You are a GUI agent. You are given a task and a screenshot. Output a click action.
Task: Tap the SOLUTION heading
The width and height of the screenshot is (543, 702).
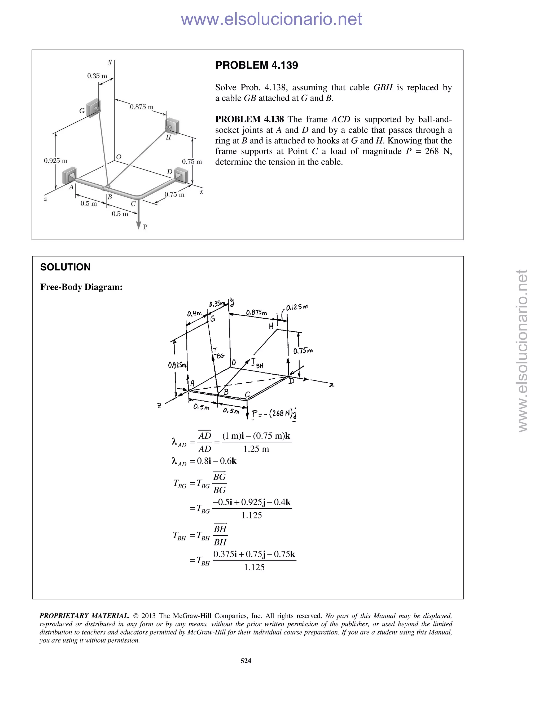click(x=65, y=267)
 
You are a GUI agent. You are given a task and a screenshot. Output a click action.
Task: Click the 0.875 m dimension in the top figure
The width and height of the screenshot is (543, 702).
click(x=142, y=107)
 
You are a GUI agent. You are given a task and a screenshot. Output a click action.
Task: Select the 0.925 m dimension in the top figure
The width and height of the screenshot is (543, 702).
click(x=56, y=161)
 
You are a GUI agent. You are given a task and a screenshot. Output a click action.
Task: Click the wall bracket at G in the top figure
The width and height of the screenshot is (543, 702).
click(x=94, y=108)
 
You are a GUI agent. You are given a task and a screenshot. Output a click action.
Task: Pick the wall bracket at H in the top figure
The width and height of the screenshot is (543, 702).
click(x=172, y=126)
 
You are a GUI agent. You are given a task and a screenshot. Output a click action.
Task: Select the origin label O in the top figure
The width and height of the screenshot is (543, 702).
click(x=118, y=157)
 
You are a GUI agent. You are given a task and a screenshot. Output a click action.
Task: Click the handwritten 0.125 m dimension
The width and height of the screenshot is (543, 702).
click(x=297, y=307)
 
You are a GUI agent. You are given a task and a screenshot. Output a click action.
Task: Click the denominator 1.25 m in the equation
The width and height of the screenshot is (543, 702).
click(x=256, y=449)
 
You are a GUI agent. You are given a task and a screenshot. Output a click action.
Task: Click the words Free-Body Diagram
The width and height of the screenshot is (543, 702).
click(x=81, y=287)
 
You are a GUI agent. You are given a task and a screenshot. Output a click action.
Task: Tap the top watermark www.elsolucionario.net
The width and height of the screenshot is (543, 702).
click(x=271, y=19)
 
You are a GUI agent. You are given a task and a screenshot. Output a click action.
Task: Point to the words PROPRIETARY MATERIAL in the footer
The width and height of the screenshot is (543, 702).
click(x=84, y=616)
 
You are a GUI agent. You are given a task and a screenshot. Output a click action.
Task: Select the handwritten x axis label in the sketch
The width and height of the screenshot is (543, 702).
click(x=331, y=384)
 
